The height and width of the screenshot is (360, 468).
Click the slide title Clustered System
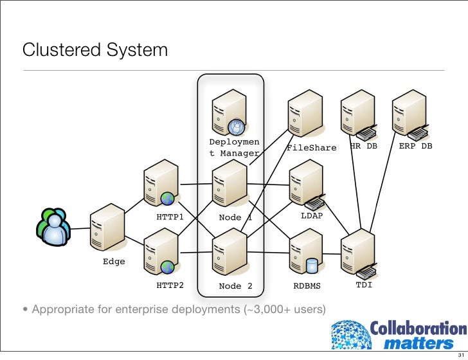(x=95, y=50)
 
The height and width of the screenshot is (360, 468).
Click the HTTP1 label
(x=170, y=217)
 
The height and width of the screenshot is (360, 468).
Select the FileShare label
(x=311, y=148)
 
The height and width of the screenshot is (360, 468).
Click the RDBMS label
(x=307, y=285)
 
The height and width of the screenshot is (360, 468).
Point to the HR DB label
(x=363, y=146)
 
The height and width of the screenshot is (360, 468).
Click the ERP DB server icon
(x=410, y=114)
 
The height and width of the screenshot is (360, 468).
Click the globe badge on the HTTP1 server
(x=168, y=198)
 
